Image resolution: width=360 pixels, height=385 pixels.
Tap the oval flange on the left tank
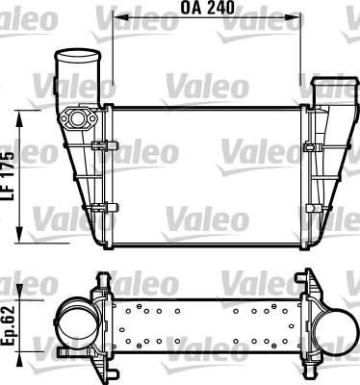(x=78, y=119)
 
